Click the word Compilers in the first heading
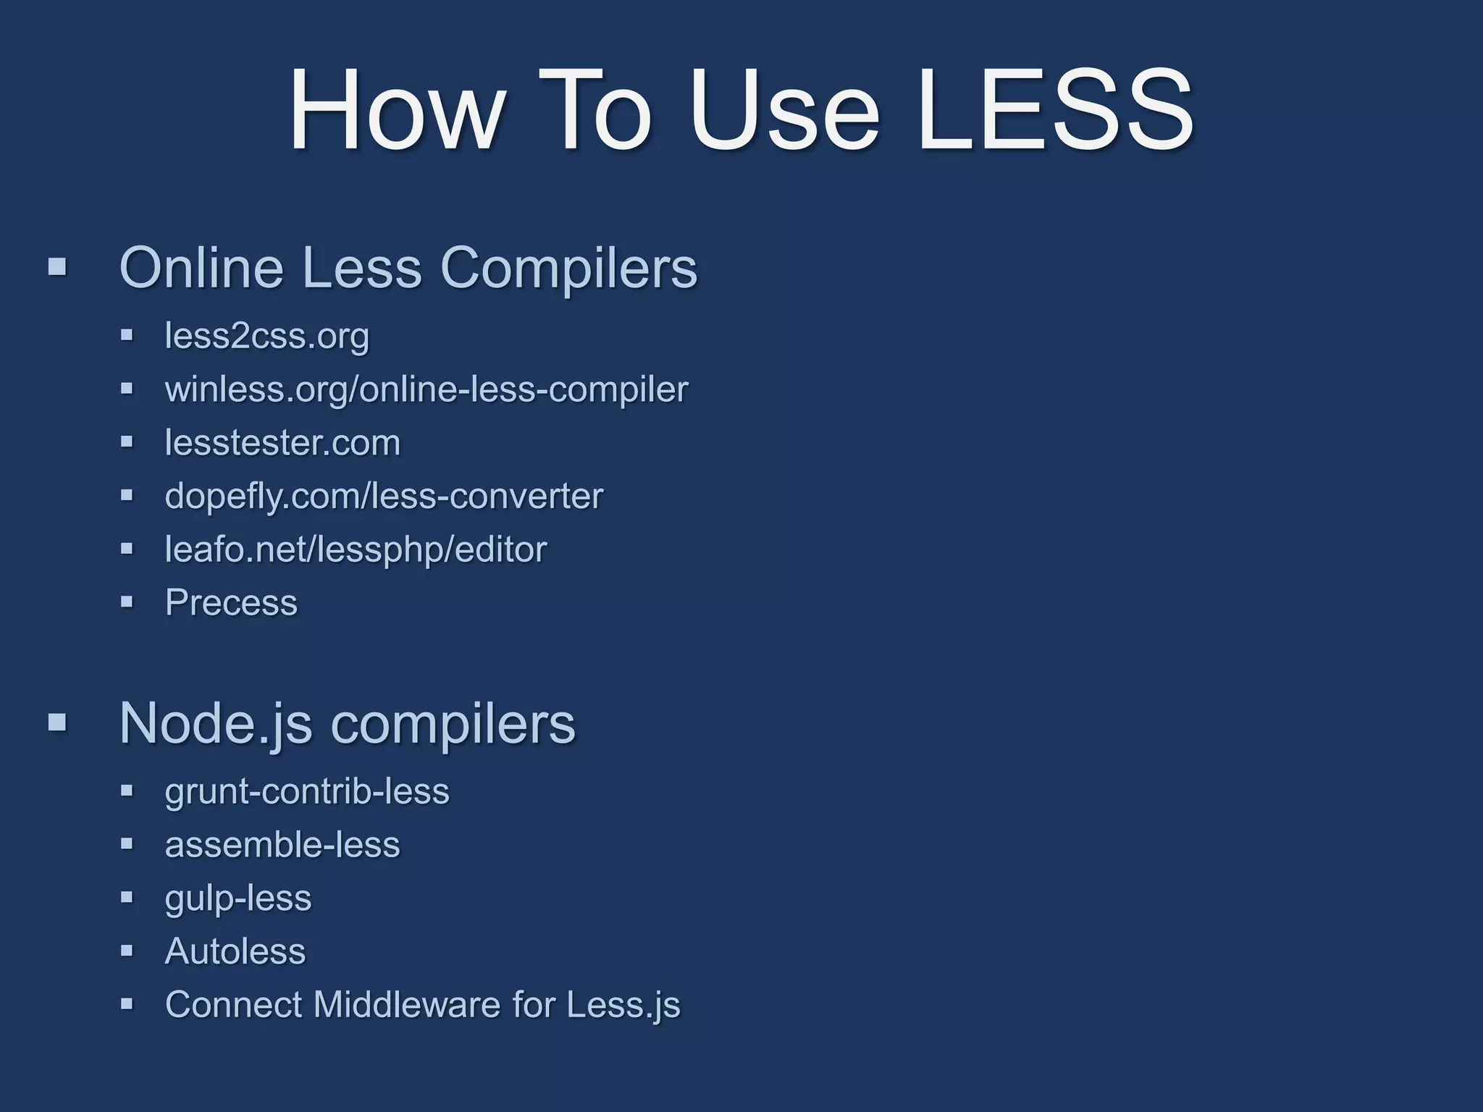point(568,268)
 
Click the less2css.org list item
point(266,336)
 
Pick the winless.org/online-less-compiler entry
point(426,389)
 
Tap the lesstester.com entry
point(282,442)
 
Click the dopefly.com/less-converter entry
point(384,496)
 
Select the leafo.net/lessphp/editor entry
point(356,549)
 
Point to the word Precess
point(231,602)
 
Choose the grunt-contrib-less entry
point(307,791)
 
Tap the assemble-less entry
point(282,844)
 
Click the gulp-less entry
point(238,898)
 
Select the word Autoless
point(235,951)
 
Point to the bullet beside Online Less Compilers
point(57,267)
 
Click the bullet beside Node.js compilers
point(57,722)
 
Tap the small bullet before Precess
point(127,602)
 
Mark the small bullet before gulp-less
point(127,897)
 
